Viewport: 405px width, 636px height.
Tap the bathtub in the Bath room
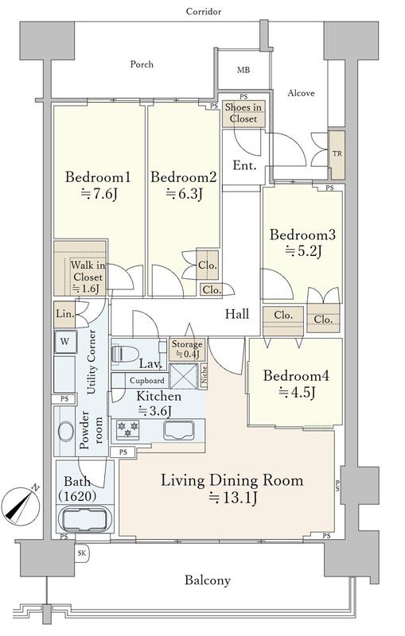tap(86, 519)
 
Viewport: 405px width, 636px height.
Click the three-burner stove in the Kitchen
tap(127, 429)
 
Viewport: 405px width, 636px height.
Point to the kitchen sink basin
tap(178, 430)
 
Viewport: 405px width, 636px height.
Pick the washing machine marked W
tap(64, 342)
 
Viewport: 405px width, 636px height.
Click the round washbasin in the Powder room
tap(66, 431)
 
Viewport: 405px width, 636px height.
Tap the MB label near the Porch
tap(243, 70)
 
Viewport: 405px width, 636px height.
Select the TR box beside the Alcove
tap(337, 154)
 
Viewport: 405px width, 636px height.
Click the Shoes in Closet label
tap(243, 113)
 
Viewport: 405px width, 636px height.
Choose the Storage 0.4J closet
tap(187, 349)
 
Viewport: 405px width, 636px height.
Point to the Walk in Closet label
tap(88, 277)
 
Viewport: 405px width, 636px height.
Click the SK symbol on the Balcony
tap(83, 553)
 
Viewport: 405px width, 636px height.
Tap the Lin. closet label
tap(64, 314)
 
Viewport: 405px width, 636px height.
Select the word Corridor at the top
tap(204, 11)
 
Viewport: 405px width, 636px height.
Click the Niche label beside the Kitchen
tap(204, 375)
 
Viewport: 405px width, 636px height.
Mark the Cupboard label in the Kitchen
tap(147, 381)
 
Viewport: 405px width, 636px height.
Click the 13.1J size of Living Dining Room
tap(232, 498)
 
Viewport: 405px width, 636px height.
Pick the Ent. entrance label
tap(245, 165)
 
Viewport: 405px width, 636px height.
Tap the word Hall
tap(237, 313)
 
